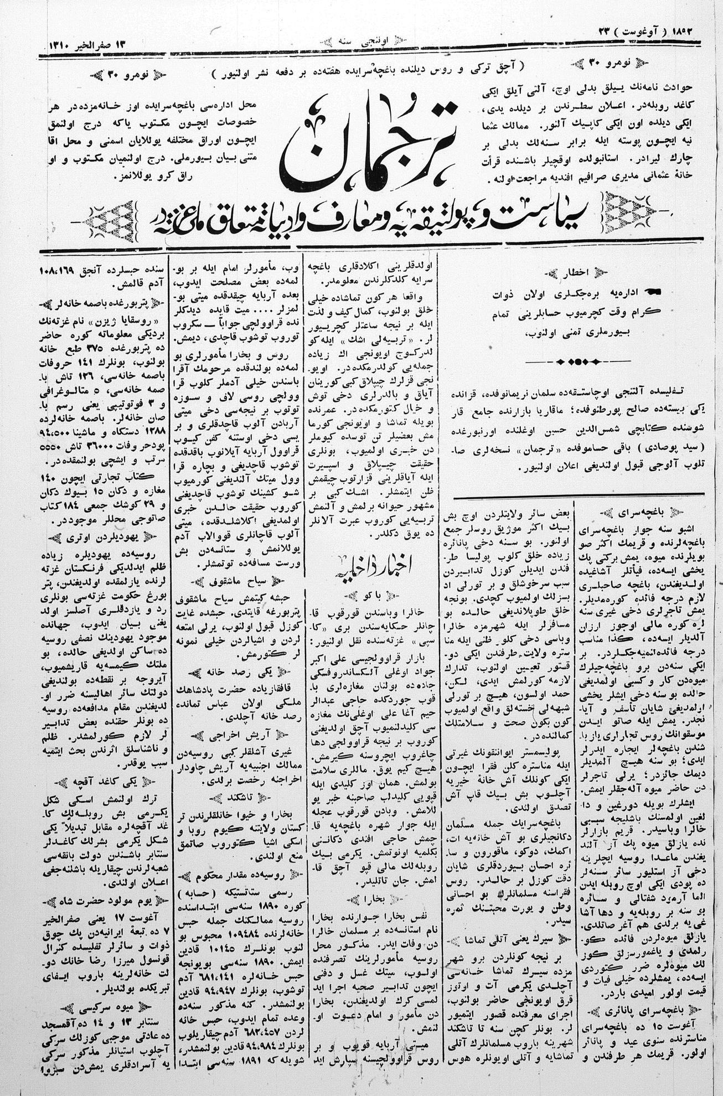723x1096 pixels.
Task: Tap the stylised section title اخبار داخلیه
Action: coord(373,567)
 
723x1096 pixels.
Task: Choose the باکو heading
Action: coord(372,595)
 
